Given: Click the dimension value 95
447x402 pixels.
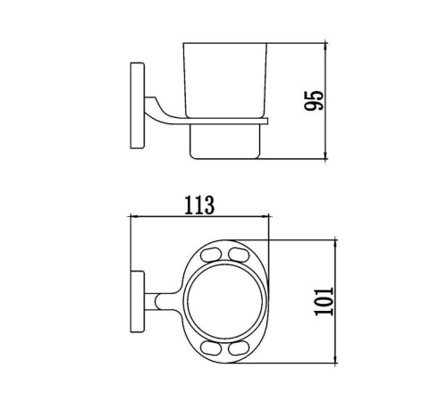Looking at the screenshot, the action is (x=314, y=100).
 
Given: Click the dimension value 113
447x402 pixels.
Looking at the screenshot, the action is (x=199, y=205).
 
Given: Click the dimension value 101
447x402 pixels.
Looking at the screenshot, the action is (x=324, y=301).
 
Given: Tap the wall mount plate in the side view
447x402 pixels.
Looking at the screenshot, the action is (x=138, y=105).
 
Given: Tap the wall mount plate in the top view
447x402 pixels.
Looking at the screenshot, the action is (x=138, y=302).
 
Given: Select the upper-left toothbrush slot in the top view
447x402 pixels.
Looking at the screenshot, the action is (x=211, y=255).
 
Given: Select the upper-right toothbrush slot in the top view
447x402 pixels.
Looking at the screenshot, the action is (x=239, y=255).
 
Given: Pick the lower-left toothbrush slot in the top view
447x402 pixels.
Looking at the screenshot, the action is (x=211, y=348).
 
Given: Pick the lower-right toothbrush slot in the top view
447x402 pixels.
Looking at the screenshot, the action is (x=239, y=348).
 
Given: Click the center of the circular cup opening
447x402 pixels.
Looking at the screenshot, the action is (x=225, y=301).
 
